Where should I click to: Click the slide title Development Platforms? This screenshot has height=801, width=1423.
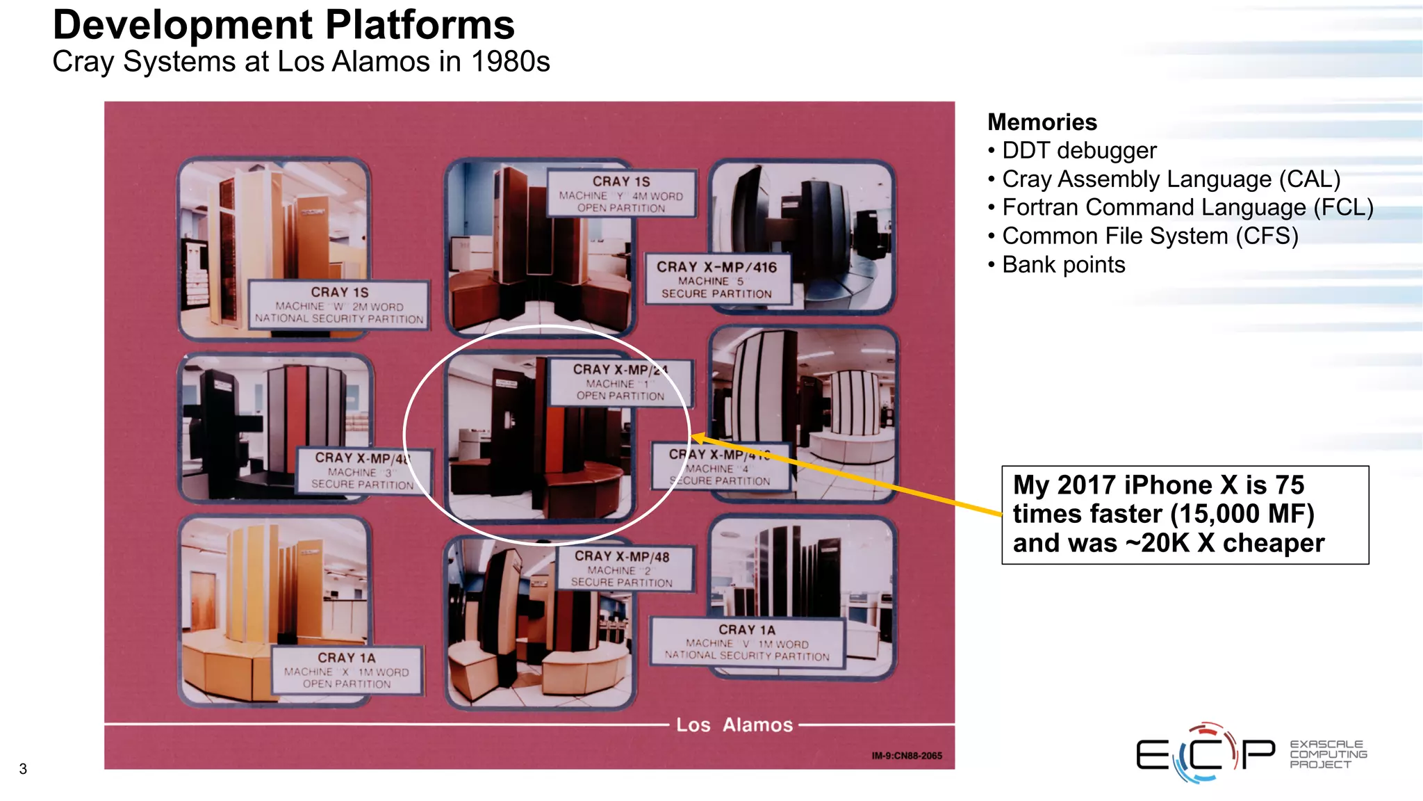(283, 25)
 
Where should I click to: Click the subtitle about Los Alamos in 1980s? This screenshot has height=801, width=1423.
(301, 62)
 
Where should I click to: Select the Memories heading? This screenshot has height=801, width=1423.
(1042, 122)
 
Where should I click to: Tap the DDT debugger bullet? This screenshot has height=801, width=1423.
(1078, 151)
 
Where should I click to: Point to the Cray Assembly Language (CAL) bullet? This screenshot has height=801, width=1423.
(1170, 179)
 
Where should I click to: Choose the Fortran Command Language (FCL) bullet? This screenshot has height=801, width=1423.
(1187, 208)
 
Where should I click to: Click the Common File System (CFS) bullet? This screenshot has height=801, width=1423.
(1149, 236)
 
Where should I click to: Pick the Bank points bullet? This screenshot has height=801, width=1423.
(1063, 265)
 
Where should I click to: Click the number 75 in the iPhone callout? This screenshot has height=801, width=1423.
(1290, 485)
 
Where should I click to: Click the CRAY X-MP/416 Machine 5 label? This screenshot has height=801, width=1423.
(717, 280)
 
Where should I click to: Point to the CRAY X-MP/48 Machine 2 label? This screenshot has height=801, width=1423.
(623, 569)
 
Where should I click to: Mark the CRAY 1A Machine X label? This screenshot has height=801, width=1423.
(346, 670)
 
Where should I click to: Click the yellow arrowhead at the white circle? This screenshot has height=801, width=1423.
(698, 438)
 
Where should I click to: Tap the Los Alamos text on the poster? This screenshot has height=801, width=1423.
(734, 725)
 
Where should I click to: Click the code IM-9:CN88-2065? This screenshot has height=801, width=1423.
(907, 756)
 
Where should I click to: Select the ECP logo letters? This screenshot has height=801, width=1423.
(1206, 754)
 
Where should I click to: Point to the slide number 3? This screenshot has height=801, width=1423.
(23, 769)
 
